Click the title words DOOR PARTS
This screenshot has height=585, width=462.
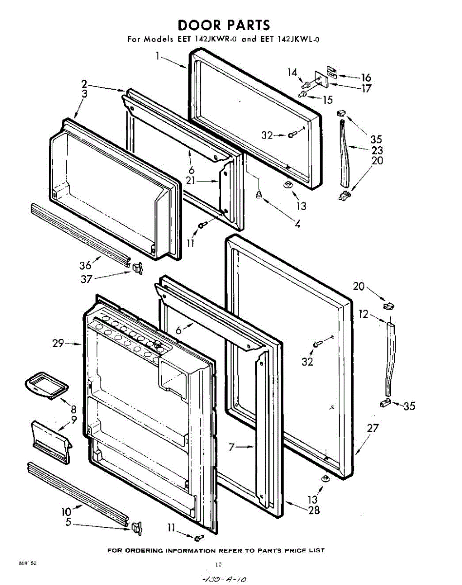[x=224, y=25]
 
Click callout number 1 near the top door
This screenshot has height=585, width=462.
[x=158, y=56]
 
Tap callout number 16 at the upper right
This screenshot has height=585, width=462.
[x=366, y=78]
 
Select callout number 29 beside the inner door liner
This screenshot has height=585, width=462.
[x=58, y=344]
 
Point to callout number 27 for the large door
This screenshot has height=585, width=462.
[x=372, y=429]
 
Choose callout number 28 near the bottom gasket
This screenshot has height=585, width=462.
[x=314, y=510]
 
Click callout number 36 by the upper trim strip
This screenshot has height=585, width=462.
[x=85, y=266]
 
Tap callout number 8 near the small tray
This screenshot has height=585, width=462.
[x=73, y=409]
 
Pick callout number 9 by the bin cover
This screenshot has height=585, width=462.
[x=74, y=419]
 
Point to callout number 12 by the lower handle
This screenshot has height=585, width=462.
[x=364, y=314]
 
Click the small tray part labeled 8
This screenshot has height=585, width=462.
[x=45, y=385]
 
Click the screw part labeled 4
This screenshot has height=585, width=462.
[x=259, y=195]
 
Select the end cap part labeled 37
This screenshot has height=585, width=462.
[x=136, y=267]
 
